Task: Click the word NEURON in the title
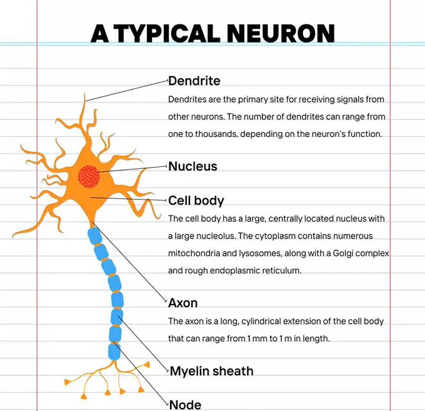281,33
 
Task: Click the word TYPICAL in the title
168,33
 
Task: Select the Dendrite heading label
194,81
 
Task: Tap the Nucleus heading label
192,166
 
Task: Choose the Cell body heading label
196,201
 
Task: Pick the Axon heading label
183,303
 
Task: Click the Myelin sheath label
211,371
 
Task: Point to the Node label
186,405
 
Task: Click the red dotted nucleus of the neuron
89,176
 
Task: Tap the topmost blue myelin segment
94,236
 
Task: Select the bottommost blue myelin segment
114,352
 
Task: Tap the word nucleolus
216,236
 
